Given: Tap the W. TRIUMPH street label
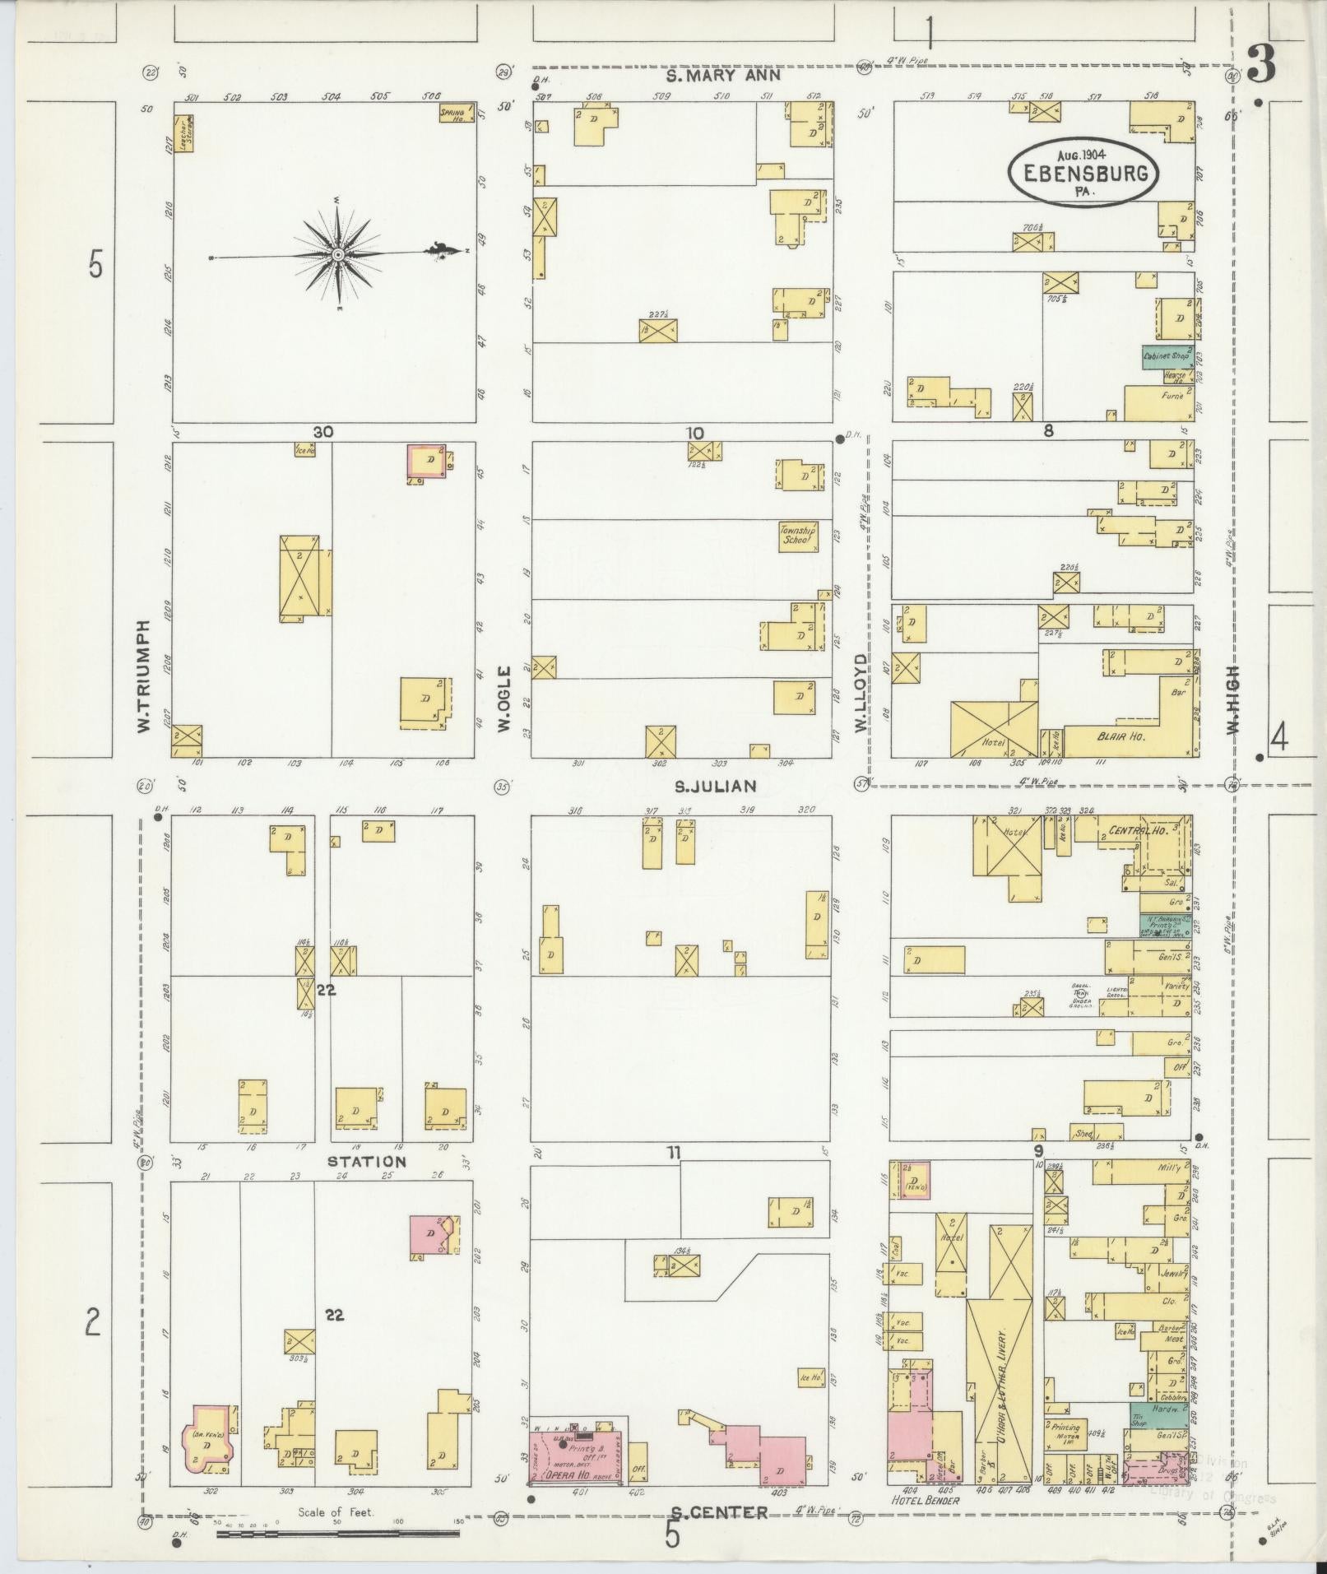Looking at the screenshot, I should point(144,676).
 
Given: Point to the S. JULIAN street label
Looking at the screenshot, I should point(715,787).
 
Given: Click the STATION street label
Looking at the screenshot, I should point(367,1162).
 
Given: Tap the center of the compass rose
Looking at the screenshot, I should point(337,255).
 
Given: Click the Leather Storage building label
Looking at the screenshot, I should point(183,133).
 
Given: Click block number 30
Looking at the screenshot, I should point(322,432).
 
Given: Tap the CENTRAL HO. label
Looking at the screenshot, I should point(1139,830).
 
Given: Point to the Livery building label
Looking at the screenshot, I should point(1002,1391).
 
